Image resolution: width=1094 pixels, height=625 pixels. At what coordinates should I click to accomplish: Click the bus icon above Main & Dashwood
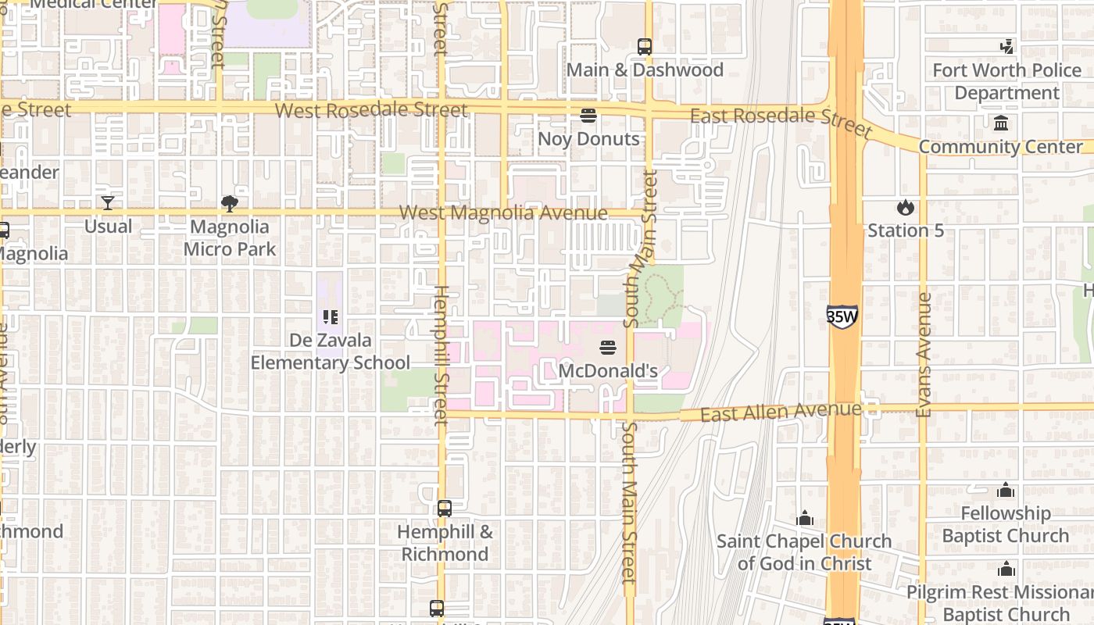pyautogui.click(x=645, y=46)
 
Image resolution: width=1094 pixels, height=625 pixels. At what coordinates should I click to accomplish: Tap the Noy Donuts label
pyautogui.click(x=588, y=139)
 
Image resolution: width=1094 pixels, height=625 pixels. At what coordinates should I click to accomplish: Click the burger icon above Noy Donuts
pyautogui.click(x=588, y=116)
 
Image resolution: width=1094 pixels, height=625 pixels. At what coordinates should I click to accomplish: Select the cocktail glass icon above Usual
pyautogui.click(x=108, y=203)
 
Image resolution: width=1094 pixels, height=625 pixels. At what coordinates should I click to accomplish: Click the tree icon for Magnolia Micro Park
pyautogui.click(x=230, y=204)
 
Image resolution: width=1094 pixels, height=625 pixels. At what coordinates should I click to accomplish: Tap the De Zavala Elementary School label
pyautogui.click(x=330, y=352)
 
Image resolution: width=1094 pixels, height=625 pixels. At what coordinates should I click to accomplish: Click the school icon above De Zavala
pyautogui.click(x=331, y=317)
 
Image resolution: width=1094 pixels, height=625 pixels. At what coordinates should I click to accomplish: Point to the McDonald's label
pyautogui.click(x=608, y=371)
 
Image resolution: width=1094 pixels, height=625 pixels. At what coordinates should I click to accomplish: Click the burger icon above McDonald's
pyautogui.click(x=608, y=347)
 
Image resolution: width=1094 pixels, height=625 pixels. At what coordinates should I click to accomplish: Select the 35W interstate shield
pyautogui.click(x=842, y=316)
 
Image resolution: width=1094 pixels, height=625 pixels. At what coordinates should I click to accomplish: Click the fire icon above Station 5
pyautogui.click(x=906, y=207)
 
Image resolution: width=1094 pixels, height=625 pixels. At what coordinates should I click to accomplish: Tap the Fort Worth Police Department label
pyautogui.click(x=1006, y=81)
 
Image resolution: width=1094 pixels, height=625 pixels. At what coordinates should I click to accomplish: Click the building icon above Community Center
pyautogui.click(x=1001, y=123)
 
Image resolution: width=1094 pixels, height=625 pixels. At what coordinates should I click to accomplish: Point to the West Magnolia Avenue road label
pyautogui.click(x=503, y=213)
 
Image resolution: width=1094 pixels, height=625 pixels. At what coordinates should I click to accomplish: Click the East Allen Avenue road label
pyautogui.click(x=780, y=412)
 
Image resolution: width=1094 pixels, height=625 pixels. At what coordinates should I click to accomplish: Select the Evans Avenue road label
pyautogui.click(x=924, y=355)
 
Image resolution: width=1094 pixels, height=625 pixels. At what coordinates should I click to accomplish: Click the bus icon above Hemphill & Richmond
pyautogui.click(x=445, y=509)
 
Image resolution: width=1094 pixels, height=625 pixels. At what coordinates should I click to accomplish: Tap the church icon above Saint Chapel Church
pyautogui.click(x=804, y=518)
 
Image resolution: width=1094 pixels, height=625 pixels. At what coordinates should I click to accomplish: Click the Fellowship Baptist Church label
pyautogui.click(x=1005, y=524)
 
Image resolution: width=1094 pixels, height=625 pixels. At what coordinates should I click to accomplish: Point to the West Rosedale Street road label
pyautogui.click(x=371, y=110)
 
